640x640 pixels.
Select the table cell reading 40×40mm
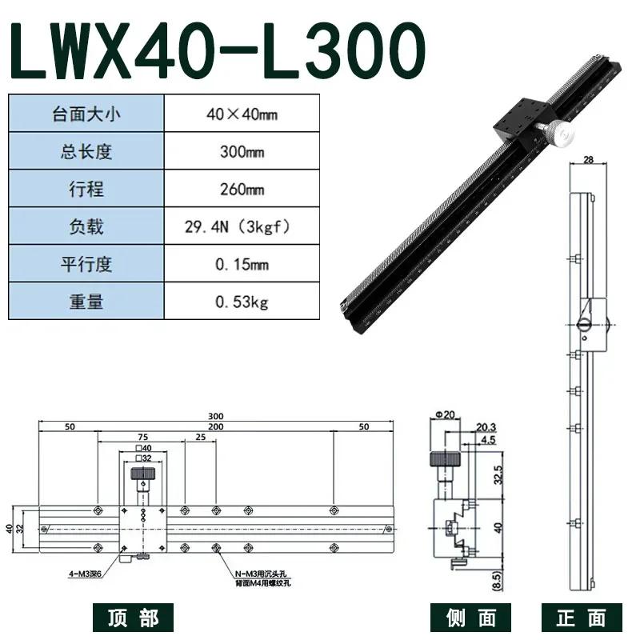pos(242,114)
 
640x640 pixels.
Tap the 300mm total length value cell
pos(242,151)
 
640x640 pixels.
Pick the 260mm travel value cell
pos(242,190)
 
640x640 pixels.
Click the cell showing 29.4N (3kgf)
pos(242,227)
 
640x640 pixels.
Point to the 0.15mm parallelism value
pos(242,265)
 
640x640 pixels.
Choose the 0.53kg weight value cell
pos(242,302)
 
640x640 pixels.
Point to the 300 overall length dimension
pos(215,416)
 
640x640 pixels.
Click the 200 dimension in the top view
pos(215,427)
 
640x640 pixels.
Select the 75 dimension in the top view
pos(142,438)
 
